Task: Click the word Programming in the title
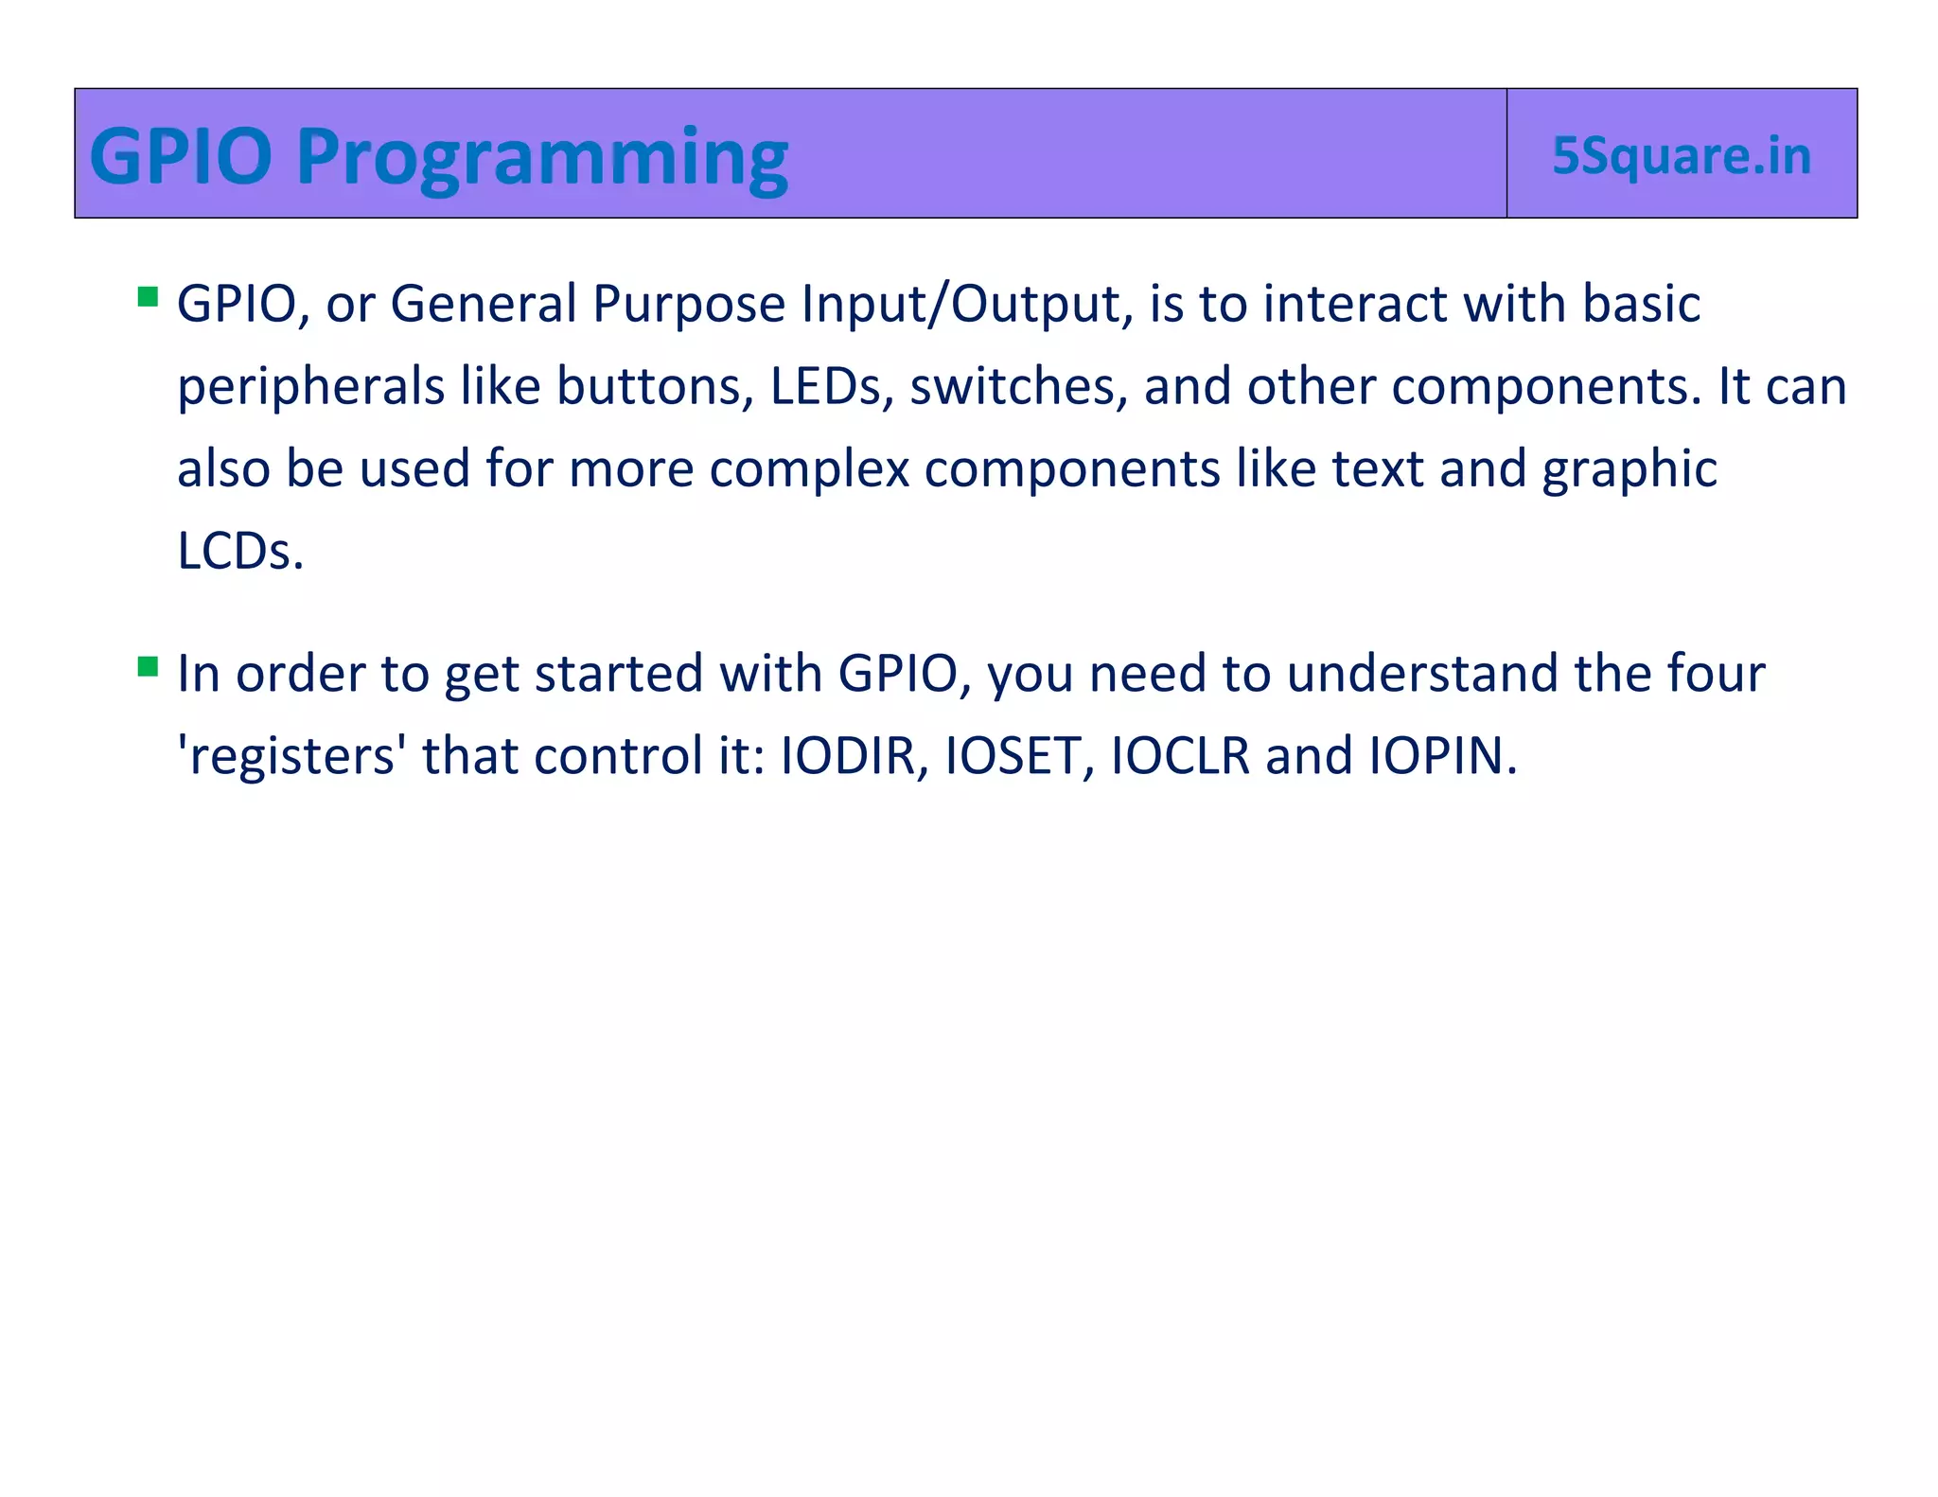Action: click(x=541, y=157)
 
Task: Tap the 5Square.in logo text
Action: click(x=1681, y=156)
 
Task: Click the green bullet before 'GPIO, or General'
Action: click(x=148, y=297)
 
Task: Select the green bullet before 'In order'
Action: click(x=148, y=667)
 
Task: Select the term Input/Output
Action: click(x=966, y=305)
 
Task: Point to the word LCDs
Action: click(x=239, y=551)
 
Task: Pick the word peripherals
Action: click(x=310, y=388)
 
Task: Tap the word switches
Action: click(x=1018, y=386)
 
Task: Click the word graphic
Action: click(x=1629, y=470)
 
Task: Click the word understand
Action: click(x=1422, y=674)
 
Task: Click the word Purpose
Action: click(x=688, y=305)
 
